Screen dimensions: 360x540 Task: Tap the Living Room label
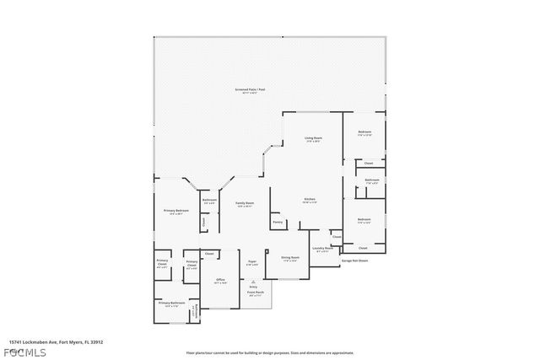tap(313, 138)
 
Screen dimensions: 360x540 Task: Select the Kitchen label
tap(310, 199)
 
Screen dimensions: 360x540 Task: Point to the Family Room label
tap(245, 204)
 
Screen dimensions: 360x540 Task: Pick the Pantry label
tap(277, 223)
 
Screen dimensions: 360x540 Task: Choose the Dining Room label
tap(289, 259)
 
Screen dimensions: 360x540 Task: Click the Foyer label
tap(251, 262)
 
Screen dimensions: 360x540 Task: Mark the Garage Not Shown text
tap(354, 261)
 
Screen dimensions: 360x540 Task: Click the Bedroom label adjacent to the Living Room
tap(364, 132)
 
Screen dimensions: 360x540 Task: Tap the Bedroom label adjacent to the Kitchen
tap(364, 219)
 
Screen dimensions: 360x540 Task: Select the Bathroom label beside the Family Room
tap(210, 200)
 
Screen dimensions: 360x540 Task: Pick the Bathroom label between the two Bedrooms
tap(372, 180)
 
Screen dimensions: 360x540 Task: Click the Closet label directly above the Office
tap(209, 253)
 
